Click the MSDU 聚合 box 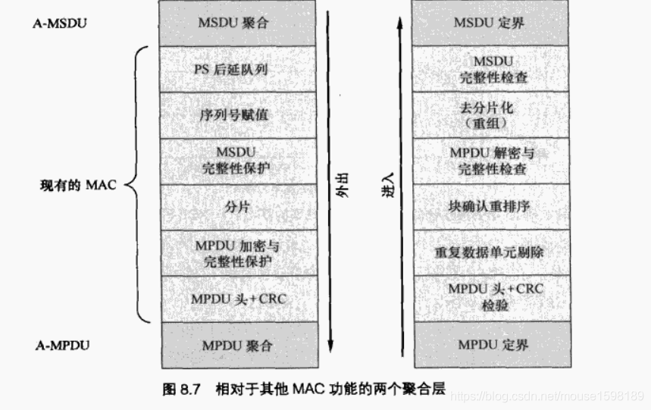coord(237,23)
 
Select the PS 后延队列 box coord(237,70)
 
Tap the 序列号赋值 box coord(237,115)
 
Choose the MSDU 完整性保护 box coord(237,161)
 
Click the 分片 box coord(237,207)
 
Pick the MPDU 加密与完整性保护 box coord(237,253)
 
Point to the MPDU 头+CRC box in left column coord(237,299)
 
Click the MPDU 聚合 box coord(237,346)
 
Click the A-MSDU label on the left coord(61,23)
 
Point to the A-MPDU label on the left coord(63,346)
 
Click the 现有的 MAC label coord(77,185)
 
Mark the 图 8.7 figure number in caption coord(180,391)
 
